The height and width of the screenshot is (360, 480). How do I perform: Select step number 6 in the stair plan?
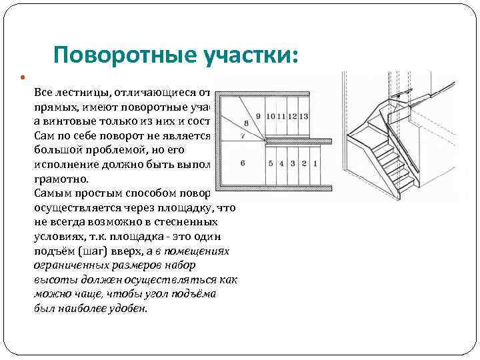click(x=242, y=163)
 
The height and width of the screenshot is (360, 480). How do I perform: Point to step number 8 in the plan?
click(x=247, y=123)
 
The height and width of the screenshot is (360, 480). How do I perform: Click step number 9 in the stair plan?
click(x=258, y=116)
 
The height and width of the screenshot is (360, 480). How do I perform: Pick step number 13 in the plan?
click(x=304, y=116)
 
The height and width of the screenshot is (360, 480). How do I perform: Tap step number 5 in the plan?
click(x=271, y=163)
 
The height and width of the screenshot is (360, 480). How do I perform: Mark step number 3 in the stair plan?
click(x=292, y=163)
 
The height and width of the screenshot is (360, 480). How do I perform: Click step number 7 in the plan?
click(x=242, y=136)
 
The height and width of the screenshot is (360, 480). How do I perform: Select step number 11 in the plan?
click(x=281, y=116)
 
